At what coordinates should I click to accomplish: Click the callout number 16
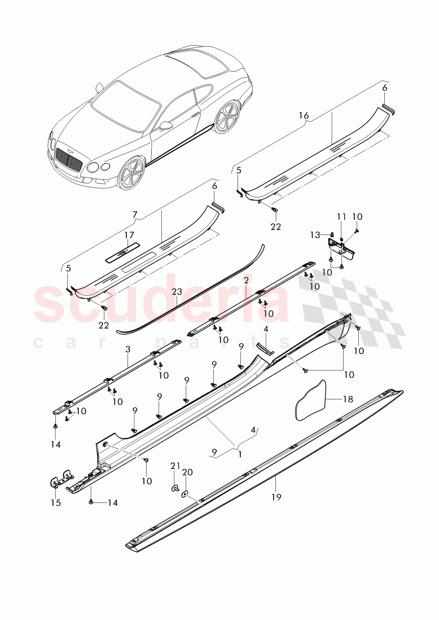pyautogui.click(x=304, y=116)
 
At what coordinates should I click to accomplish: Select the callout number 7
pyautogui.click(x=134, y=215)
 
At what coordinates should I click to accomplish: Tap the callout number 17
pyautogui.click(x=129, y=235)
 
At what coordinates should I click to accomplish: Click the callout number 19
pyautogui.click(x=276, y=497)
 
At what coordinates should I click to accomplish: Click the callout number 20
pyautogui.click(x=188, y=471)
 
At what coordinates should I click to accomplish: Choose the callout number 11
pyautogui.click(x=341, y=216)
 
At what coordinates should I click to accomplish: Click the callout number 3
pyautogui.click(x=128, y=349)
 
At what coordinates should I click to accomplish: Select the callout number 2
pyautogui.click(x=247, y=280)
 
